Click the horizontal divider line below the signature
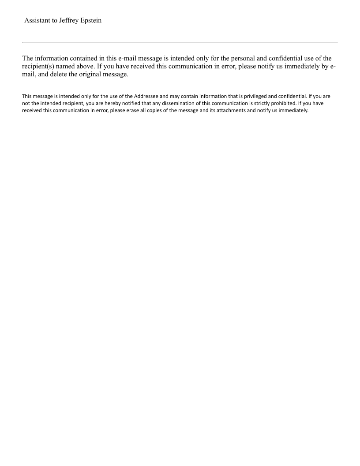point(180,42)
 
